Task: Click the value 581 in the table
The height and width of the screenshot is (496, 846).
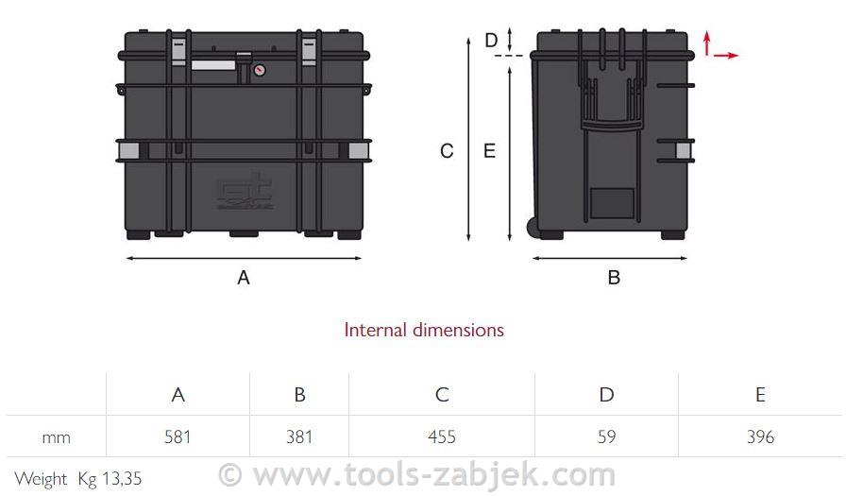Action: pos(178,436)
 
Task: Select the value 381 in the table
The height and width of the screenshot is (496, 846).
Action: pos(299,436)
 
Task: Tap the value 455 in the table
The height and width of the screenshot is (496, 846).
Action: pos(441,436)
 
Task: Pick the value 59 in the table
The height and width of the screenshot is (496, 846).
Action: pos(606,436)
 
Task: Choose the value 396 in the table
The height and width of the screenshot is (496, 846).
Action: pos(760,436)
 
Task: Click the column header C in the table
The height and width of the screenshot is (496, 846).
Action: pos(441,395)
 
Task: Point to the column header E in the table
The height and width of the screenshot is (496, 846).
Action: pos(760,395)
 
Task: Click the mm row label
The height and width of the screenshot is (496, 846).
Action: pos(56,437)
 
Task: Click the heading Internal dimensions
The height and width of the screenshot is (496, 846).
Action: pos(424,330)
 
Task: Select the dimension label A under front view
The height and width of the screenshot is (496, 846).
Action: pos(244,278)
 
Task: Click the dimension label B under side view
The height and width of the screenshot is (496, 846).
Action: pos(614,278)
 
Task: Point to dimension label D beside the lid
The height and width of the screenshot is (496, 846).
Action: pos(491,41)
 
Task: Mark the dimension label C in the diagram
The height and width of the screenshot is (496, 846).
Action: pos(448,151)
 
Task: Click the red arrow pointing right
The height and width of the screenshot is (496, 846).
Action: pos(726,56)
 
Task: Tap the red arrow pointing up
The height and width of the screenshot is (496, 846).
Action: pos(706,42)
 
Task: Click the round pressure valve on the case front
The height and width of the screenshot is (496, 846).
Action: pos(259,70)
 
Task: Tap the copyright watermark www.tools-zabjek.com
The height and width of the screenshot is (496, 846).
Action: pos(416,474)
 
